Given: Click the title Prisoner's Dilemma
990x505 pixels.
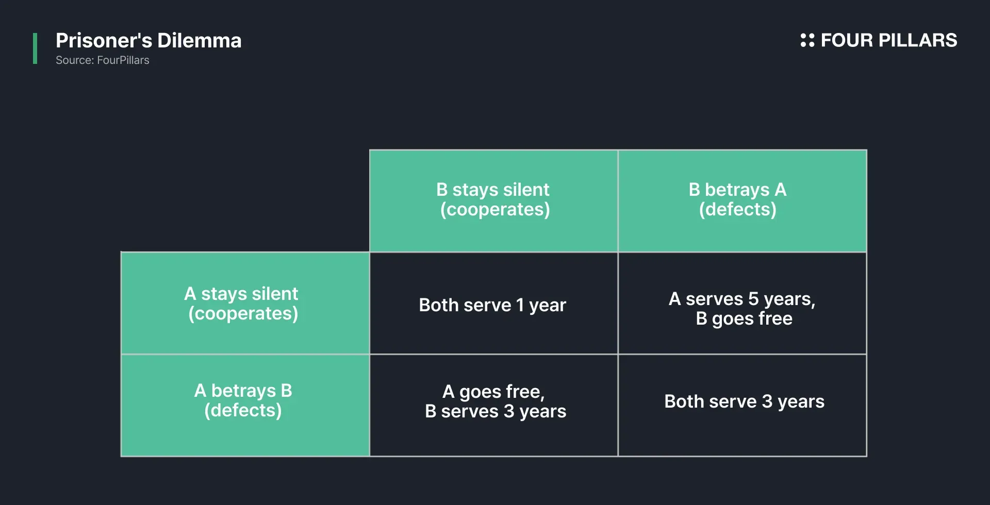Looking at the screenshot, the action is (x=148, y=41).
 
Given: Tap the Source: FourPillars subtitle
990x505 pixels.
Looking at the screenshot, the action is (x=102, y=60).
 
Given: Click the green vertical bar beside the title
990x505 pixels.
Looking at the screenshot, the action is (x=35, y=48).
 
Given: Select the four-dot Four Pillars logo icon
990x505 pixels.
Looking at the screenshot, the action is (x=807, y=40).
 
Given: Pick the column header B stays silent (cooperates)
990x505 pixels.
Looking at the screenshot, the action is (x=493, y=200).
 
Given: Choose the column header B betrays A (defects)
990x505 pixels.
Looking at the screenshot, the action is (x=737, y=200).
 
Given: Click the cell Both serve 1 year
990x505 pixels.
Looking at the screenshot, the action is (x=492, y=305).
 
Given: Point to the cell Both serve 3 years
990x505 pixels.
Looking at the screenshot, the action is (x=744, y=401).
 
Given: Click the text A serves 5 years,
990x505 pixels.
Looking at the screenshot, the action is (x=742, y=299).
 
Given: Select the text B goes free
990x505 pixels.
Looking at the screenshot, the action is (x=744, y=318).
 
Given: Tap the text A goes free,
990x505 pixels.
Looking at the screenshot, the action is (x=493, y=392).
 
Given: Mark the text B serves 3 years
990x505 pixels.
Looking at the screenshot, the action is (x=496, y=411).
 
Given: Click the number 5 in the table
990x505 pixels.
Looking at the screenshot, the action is (x=753, y=299).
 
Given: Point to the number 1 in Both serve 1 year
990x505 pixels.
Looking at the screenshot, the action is (x=520, y=305).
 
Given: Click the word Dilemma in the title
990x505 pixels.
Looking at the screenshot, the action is (x=199, y=41).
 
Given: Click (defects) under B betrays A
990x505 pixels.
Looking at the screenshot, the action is (x=737, y=210).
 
